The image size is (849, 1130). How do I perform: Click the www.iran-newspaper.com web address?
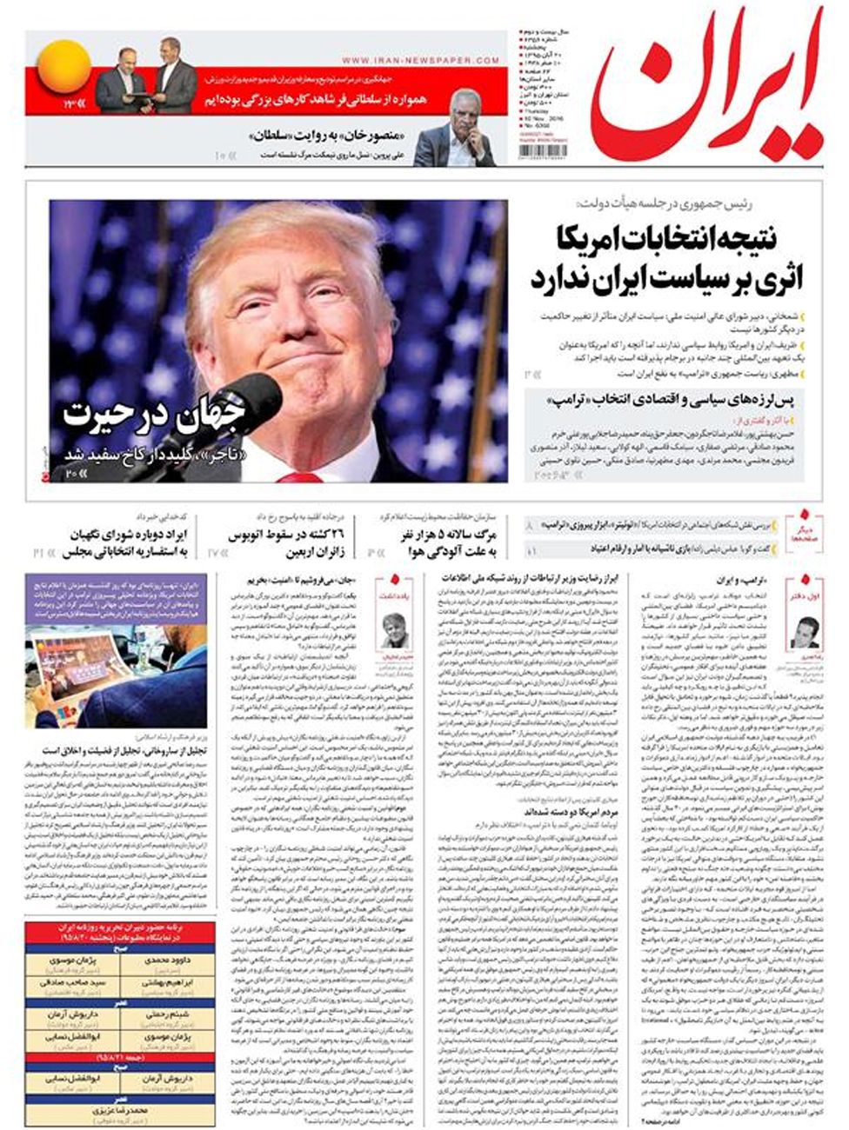click(x=420, y=60)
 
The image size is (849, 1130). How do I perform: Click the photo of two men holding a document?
click(x=145, y=79)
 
